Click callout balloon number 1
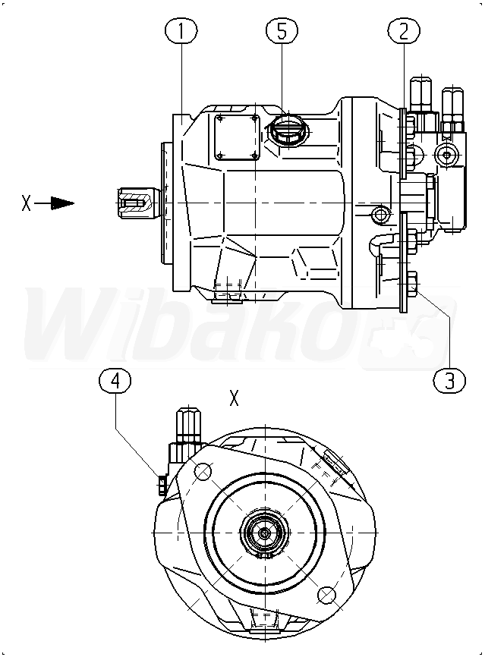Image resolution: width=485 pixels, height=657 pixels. pos(181,31)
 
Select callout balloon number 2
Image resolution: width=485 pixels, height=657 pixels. pos(404,31)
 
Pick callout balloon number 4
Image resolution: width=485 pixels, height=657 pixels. pos(115,382)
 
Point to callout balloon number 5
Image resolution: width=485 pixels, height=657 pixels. pos(282,31)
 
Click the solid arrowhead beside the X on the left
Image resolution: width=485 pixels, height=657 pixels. pos(62,203)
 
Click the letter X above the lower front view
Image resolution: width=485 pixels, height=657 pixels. pos(234,398)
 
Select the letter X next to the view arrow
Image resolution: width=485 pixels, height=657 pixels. pos(26,203)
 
